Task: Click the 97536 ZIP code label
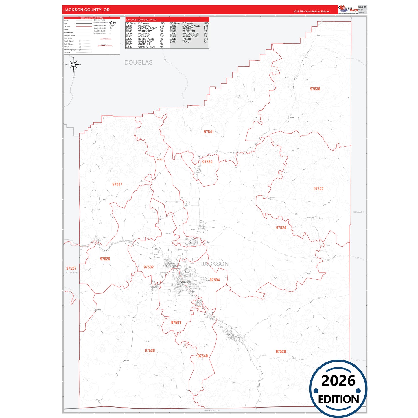pos(315,89)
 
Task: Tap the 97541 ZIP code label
pos(209,132)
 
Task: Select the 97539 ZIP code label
pos(207,162)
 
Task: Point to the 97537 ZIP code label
pos(117,184)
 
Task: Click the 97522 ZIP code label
pos(318,189)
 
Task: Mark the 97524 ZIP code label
pos(281,228)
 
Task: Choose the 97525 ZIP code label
pos(105,259)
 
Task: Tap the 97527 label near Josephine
pos(71,268)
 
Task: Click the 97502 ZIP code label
pos(148,267)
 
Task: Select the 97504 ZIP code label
pos(215,280)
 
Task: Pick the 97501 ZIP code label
pos(176,323)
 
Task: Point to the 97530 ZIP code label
pos(150,351)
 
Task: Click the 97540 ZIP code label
pos(203,356)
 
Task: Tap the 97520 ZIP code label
pos(281,351)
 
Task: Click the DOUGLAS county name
pos(138,62)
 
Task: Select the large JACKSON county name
pos(215,264)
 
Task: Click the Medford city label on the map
pos(186,281)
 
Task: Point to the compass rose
pos(73,65)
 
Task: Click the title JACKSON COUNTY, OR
pos(86,10)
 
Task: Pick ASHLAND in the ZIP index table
pos(144,36)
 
